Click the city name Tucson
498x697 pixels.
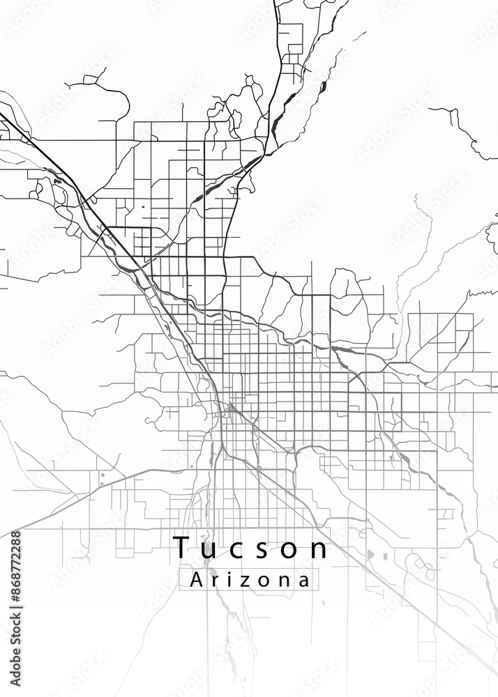[250, 548]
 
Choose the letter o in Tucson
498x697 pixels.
[293, 550]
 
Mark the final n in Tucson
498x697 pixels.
[319, 550]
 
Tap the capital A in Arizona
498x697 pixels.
[197, 579]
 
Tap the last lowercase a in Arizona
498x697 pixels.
[302, 581]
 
